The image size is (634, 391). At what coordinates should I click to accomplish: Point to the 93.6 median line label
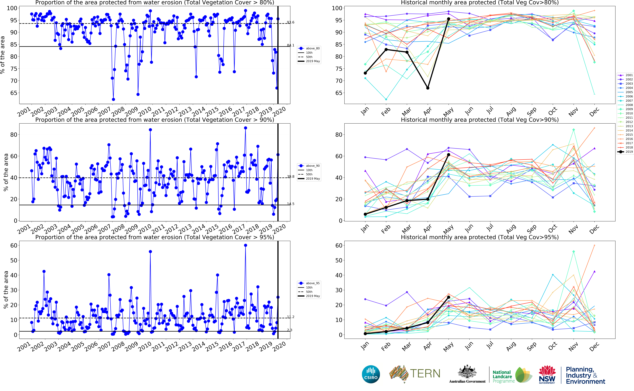click(291, 22)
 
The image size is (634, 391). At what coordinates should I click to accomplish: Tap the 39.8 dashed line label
click(291, 177)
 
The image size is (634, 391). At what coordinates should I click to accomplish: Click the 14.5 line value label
click(291, 204)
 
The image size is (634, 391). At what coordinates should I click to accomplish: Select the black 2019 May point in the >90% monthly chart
click(449, 155)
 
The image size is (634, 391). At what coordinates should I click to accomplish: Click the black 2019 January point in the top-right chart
click(365, 73)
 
